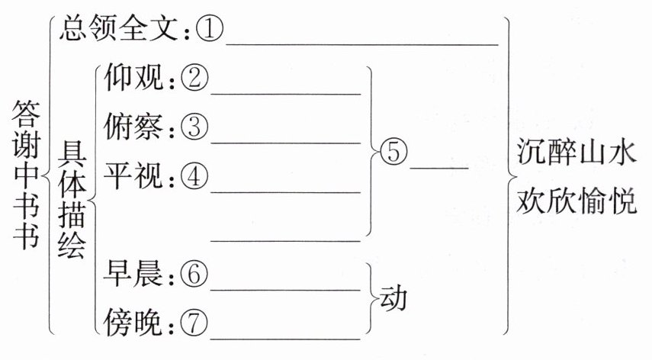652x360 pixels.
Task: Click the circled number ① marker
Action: point(208,31)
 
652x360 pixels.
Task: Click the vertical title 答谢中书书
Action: point(24,175)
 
